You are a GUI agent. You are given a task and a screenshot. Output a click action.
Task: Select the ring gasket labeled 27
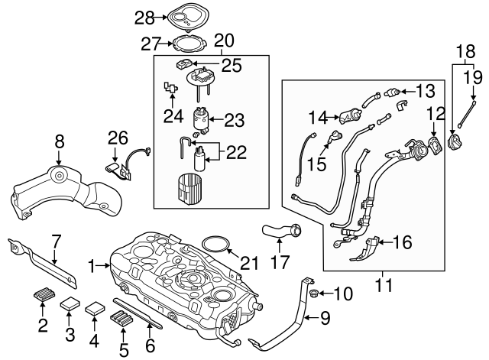pos(186,44)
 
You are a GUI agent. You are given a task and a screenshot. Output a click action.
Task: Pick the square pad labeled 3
pos(71,302)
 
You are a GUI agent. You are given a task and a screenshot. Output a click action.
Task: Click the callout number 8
pos(60,141)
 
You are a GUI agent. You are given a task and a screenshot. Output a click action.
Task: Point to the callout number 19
pos(474,77)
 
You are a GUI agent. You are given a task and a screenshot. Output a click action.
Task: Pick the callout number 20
pos(223,40)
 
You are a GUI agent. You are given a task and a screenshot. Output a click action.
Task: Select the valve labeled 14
pos(351,117)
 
